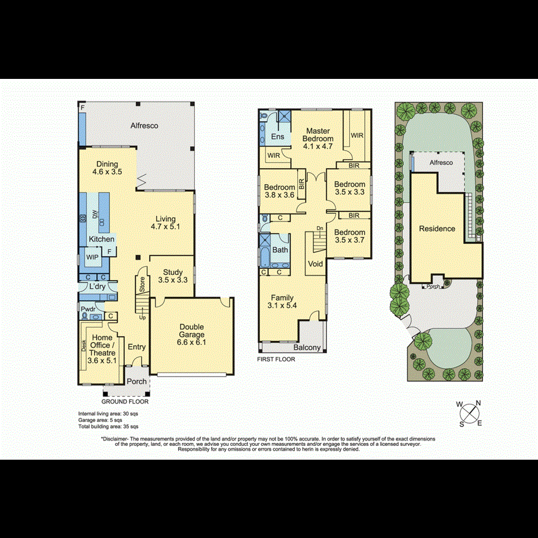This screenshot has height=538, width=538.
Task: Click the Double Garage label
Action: click(192, 335)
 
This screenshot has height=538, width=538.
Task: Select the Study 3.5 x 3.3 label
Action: click(171, 276)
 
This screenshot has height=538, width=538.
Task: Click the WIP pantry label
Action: click(93, 257)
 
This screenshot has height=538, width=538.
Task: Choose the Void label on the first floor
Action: click(315, 264)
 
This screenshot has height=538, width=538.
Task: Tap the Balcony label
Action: click(307, 347)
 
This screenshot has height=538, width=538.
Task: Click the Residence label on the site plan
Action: click(437, 228)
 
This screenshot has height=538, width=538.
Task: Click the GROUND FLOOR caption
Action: click(126, 402)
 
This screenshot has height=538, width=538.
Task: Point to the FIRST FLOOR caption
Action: click(276, 359)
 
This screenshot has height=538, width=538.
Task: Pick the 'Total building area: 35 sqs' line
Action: click(108, 426)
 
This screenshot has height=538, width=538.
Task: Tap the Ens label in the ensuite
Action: click(277, 137)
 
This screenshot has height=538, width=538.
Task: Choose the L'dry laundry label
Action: click(97, 288)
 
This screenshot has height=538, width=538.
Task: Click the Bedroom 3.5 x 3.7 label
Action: click(350, 236)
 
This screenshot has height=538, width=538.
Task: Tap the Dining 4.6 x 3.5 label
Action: click(108, 168)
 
